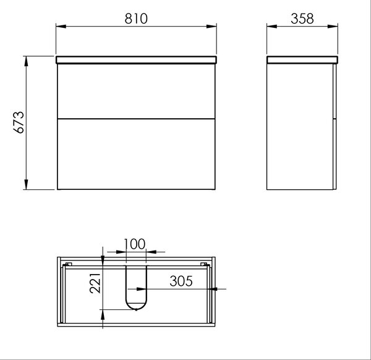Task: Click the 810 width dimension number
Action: (136, 19)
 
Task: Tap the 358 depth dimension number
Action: (302, 19)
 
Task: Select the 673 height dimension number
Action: (19, 122)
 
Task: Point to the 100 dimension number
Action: (134, 244)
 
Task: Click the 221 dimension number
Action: (95, 283)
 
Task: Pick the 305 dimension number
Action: (181, 281)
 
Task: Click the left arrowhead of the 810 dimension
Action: (61, 26)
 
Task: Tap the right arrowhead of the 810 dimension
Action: (211, 26)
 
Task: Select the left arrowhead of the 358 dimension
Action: (272, 26)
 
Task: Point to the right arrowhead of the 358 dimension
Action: (333, 26)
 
